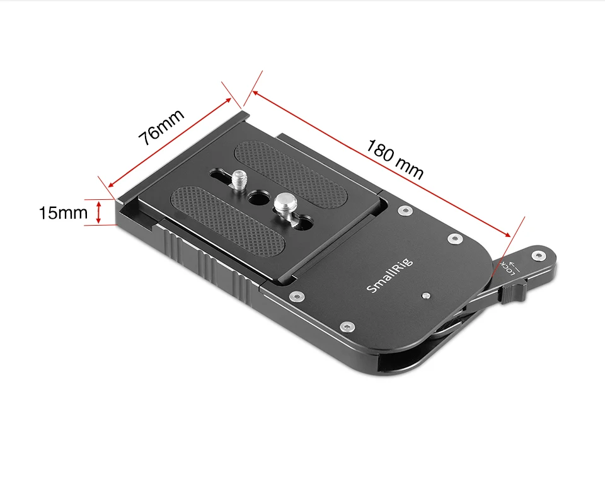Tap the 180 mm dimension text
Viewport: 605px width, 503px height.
point(395,159)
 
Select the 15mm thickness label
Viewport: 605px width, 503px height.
point(63,212)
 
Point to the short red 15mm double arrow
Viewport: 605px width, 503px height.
point(99,212)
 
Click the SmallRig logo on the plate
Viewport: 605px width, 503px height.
point(389,275)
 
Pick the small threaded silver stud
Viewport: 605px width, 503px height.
point(238,179)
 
